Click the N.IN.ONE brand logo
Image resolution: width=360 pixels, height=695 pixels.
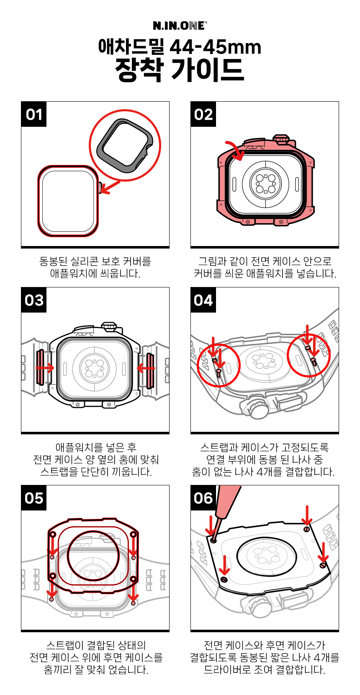pos(180,26)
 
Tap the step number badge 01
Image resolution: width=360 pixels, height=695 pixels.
pos(34,114)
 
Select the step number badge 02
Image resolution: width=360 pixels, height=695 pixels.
pos(203,114)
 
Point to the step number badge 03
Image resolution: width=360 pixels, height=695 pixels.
pos(34,300)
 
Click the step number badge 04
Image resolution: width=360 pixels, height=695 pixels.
pos(203,300)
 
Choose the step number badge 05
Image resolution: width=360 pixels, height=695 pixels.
pos(34,498)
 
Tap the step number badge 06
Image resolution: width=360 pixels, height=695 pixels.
pos(203,498)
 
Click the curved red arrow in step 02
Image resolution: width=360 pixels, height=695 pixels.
pos(236,151)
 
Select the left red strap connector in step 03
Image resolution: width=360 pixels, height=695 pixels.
pos(40,367)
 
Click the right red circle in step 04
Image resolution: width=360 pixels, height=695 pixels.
pos(309,355)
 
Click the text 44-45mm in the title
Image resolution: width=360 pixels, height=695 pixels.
pos(215,47)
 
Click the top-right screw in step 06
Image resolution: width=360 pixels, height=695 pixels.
pos(306,529)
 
